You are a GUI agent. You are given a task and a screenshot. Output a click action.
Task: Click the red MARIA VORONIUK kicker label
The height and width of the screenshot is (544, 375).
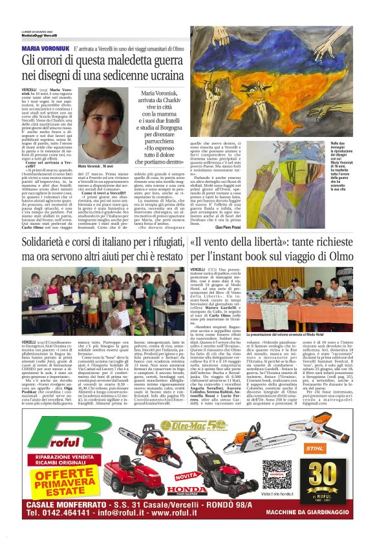coord(45,48)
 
